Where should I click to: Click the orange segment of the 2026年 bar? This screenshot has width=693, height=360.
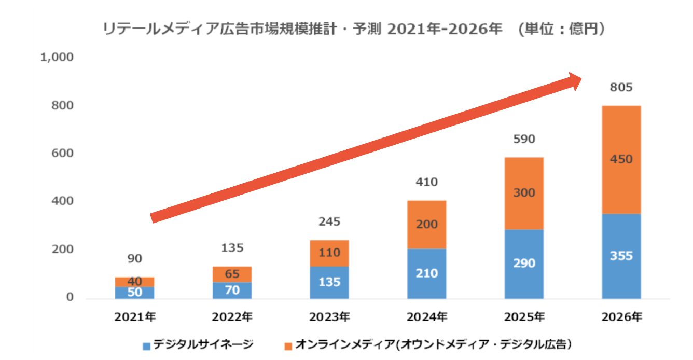pyautogui.click(x=621, y=160)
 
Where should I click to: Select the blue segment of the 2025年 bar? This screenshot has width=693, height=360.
pyautogui.click(x=524, y=264)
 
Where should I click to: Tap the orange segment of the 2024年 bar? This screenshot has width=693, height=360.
pyautogui.click(x=426, y=225)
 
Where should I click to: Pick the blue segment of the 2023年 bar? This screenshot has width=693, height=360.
pyautogui.click(x=329, y=282)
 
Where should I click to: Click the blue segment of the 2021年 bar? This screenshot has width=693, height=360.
pyautogui.click(x=135, y=292)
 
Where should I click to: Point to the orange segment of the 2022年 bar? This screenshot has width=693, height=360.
pyautogui.click(x=232, y=274)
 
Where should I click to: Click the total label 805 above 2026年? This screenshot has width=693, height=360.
pyautogui.click(x=621, y=88)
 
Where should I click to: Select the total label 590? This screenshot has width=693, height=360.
pyautogui.click(x=524, y=139)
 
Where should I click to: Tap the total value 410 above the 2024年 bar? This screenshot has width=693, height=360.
pyautogui.click(x=426, y=182)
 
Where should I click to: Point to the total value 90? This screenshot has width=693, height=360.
pyautogui.click(x=135, y=258)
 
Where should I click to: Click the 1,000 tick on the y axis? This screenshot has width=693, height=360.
pyautogui.click(x=57, y=57)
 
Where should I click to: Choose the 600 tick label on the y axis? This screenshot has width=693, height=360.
pyautogui.click(x=62, y=154)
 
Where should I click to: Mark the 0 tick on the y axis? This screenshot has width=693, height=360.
pyautogui.click(x=69, y=298)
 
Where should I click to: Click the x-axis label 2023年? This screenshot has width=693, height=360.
pyautogui.click(x=329, y=316)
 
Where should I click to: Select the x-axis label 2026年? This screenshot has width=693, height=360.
pyautogui.click(x=621, y=316)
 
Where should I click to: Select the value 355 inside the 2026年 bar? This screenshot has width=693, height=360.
pyautogui.click(x=621, y=256)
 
